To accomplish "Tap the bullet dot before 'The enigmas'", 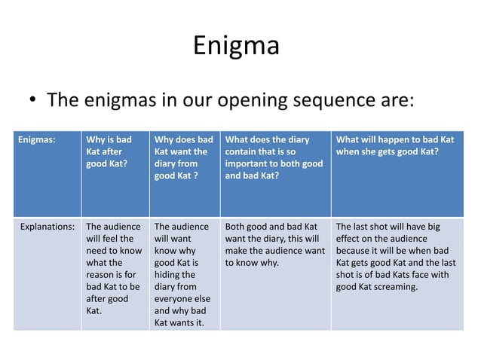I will click(x=33, y=100).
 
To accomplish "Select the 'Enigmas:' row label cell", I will click(x=37, y=139).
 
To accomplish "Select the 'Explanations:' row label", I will click(x=47, y=226).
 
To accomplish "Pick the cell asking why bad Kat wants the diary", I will click(x=183, y=157).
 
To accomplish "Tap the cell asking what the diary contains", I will click(x=274, y=157).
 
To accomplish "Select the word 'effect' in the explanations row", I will click(x=349, y=238).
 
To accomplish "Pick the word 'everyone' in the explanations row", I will click(x=176, y=298).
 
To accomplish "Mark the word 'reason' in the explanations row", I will click(x=102, y=274).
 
